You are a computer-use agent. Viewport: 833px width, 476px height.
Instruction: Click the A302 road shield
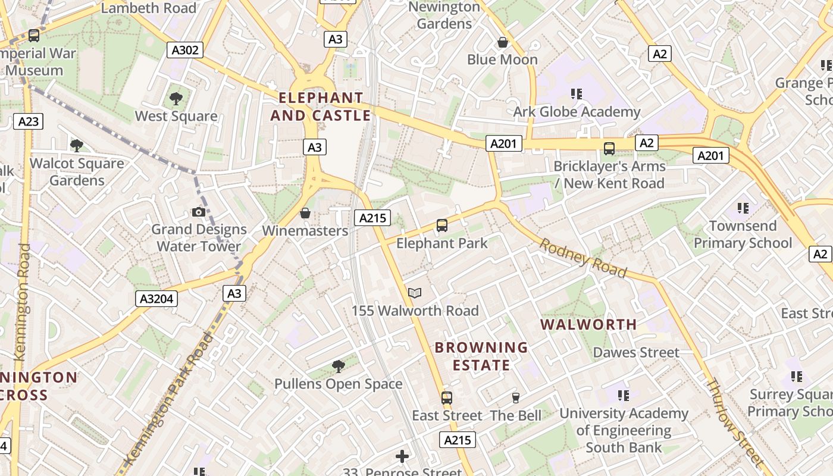(x=184, y=50)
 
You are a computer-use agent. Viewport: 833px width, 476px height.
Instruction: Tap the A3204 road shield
(x=158, y=298)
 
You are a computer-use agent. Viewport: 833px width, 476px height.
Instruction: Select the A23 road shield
(x=28, y=122)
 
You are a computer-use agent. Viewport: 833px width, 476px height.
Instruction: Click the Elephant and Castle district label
(x=321, y=107)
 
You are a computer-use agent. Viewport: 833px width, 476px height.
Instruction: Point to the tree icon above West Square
(x=176, y=98)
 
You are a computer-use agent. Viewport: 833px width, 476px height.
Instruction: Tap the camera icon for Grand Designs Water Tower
(x=199, y=212)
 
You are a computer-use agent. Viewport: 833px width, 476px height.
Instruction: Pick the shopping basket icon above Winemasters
(x=305, y=213)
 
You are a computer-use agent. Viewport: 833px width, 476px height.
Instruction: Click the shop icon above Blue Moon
(x=503, y=42)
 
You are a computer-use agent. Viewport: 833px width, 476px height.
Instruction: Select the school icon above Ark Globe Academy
(x=576, y=93)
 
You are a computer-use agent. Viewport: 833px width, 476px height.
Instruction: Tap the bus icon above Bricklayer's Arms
(x=609, y=149)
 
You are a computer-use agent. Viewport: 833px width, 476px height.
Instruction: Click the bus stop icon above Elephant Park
(x=441, y=226)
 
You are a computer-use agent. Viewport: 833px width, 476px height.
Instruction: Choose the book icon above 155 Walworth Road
(x=415, y=293)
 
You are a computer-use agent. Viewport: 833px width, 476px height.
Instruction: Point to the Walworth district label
(x=588, y=325)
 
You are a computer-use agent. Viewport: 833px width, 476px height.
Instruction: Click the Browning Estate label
(x=481, y=356)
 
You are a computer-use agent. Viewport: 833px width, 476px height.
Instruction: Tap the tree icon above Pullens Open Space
(x=338, y=366)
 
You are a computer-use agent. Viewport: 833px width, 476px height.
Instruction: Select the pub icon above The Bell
(x=516, y=397)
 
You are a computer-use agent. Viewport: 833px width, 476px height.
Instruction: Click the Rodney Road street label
(x=583, y=258)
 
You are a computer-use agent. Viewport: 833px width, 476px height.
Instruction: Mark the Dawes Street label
(x=635, y=353)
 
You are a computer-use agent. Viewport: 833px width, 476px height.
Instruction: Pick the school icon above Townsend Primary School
(x=743, y=208)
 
